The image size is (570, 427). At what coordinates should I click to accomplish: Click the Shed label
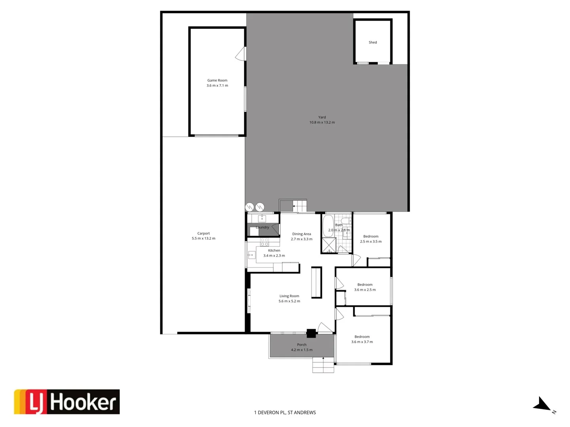click(372, 42)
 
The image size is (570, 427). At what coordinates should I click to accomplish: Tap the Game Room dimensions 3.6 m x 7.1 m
click(217, 85)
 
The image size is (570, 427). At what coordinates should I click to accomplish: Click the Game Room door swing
click(240, 54)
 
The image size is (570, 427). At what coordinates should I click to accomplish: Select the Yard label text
click(322, 117)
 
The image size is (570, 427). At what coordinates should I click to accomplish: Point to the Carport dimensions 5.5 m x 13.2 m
click(203, 238)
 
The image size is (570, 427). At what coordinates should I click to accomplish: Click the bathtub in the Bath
click(328, 226)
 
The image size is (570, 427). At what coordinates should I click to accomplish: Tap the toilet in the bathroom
click(346, 221)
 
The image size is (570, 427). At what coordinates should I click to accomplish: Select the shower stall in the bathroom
click(329, 245)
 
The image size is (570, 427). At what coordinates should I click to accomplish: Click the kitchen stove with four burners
click(264, 242)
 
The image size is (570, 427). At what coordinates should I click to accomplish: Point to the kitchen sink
click(251, 255)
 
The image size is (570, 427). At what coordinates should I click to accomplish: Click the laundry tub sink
click(262, 218)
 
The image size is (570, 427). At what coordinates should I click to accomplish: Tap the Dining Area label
click(302, 234)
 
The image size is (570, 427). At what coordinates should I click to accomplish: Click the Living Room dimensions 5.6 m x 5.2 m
click(289, 301)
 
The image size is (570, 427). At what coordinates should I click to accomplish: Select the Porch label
click(302, 344)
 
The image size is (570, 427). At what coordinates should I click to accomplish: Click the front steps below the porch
click(323, 365)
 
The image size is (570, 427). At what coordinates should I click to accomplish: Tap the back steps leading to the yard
click(299, 206)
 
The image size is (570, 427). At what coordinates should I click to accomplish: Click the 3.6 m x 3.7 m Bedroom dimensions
click(362, 342)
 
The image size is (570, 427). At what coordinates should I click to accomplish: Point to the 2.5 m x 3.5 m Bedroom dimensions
click(370, 242)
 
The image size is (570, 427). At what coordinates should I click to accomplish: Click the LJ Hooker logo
click(67, 402)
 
